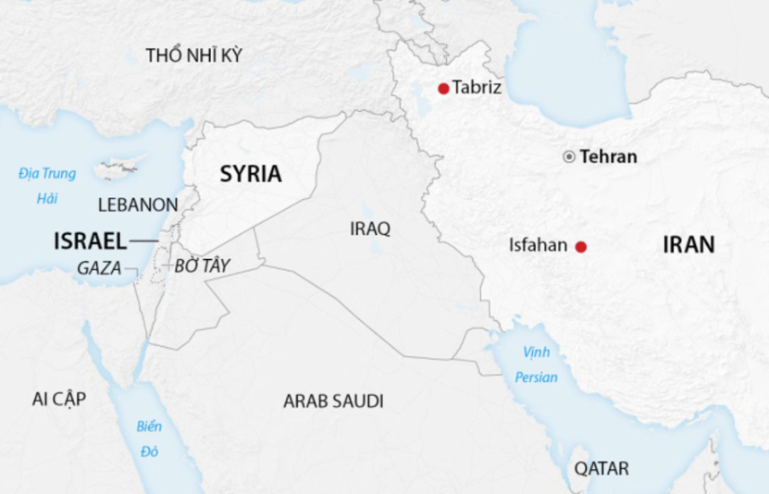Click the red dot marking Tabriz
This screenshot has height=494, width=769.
[443, 89]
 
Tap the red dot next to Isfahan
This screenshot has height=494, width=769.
[581, 246]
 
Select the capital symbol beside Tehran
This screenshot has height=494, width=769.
[569, 156]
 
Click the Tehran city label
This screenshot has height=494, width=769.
[609, 156]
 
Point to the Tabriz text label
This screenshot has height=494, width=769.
[477, 89]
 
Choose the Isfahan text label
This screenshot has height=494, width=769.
[537, 246]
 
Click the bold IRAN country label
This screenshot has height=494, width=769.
[688, 245]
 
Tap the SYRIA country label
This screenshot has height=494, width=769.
[251, 174]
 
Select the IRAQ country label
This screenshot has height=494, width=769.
[370, 228]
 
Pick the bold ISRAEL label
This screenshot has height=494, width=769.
[90, 241]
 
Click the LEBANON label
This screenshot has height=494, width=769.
[138, 204]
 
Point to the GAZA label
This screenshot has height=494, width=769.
[100, 267]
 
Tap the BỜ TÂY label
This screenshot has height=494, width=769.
[202, 266]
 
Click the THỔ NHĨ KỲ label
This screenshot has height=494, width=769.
[193, 56]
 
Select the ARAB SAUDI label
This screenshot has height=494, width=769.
[333, 401]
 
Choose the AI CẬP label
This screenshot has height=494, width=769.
[58, 399]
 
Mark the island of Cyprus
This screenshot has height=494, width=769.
[118, 169]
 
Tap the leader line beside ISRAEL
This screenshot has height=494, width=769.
[143, 241]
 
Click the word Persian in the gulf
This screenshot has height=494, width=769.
[538, 377]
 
